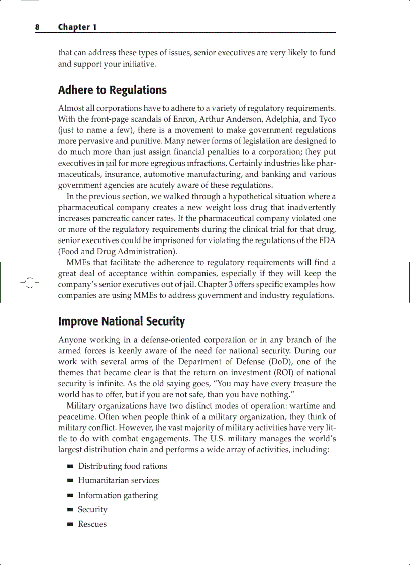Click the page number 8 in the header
[37, 27]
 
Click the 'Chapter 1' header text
[77, 27]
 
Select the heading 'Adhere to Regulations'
[112, 90]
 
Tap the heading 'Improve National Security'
[121, 321]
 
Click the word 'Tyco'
[327, 119]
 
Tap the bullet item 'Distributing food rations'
[123, 466]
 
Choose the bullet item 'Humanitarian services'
[119, 480]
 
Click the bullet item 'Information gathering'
[118, 495]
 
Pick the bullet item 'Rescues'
[92, 524]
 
